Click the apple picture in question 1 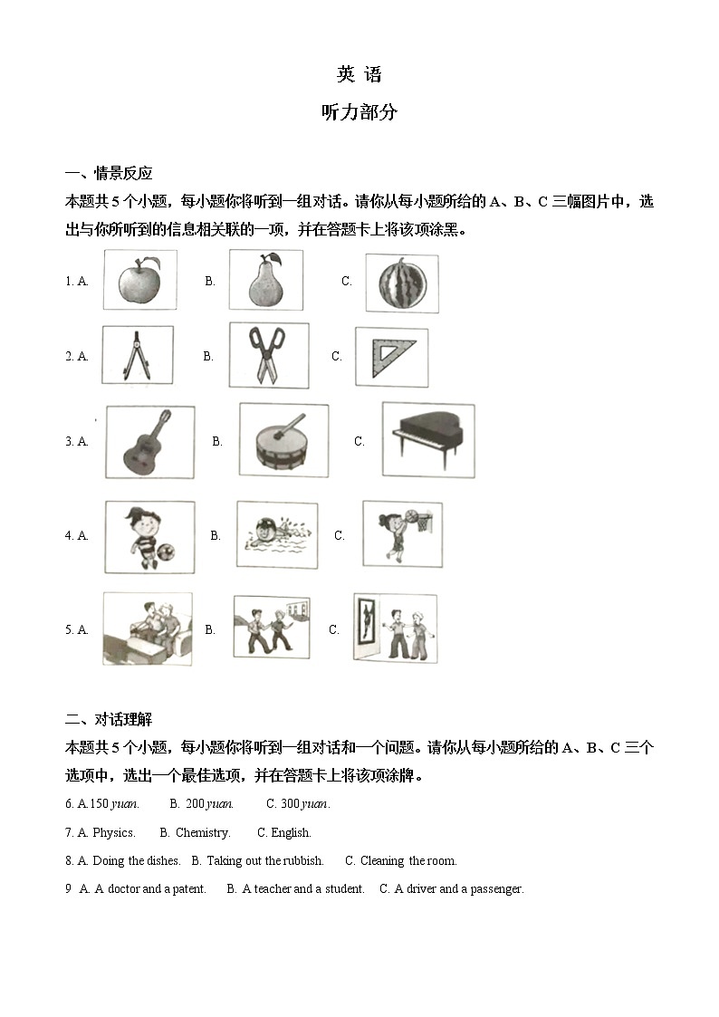[x=139, y=281]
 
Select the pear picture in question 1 [x=264, y=281]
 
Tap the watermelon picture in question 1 [x=401, y=283]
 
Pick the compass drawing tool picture [x=137, y=356]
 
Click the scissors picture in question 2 [x=268, y=356]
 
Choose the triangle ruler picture [x=391, y=357]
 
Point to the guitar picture [x=149, y=441]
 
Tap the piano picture [x=427, y=440]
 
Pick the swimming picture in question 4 [x=277, y=535]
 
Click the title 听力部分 [x=359, y=113]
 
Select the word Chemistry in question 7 [x=202, y=832]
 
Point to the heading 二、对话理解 [x=109, y=720]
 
